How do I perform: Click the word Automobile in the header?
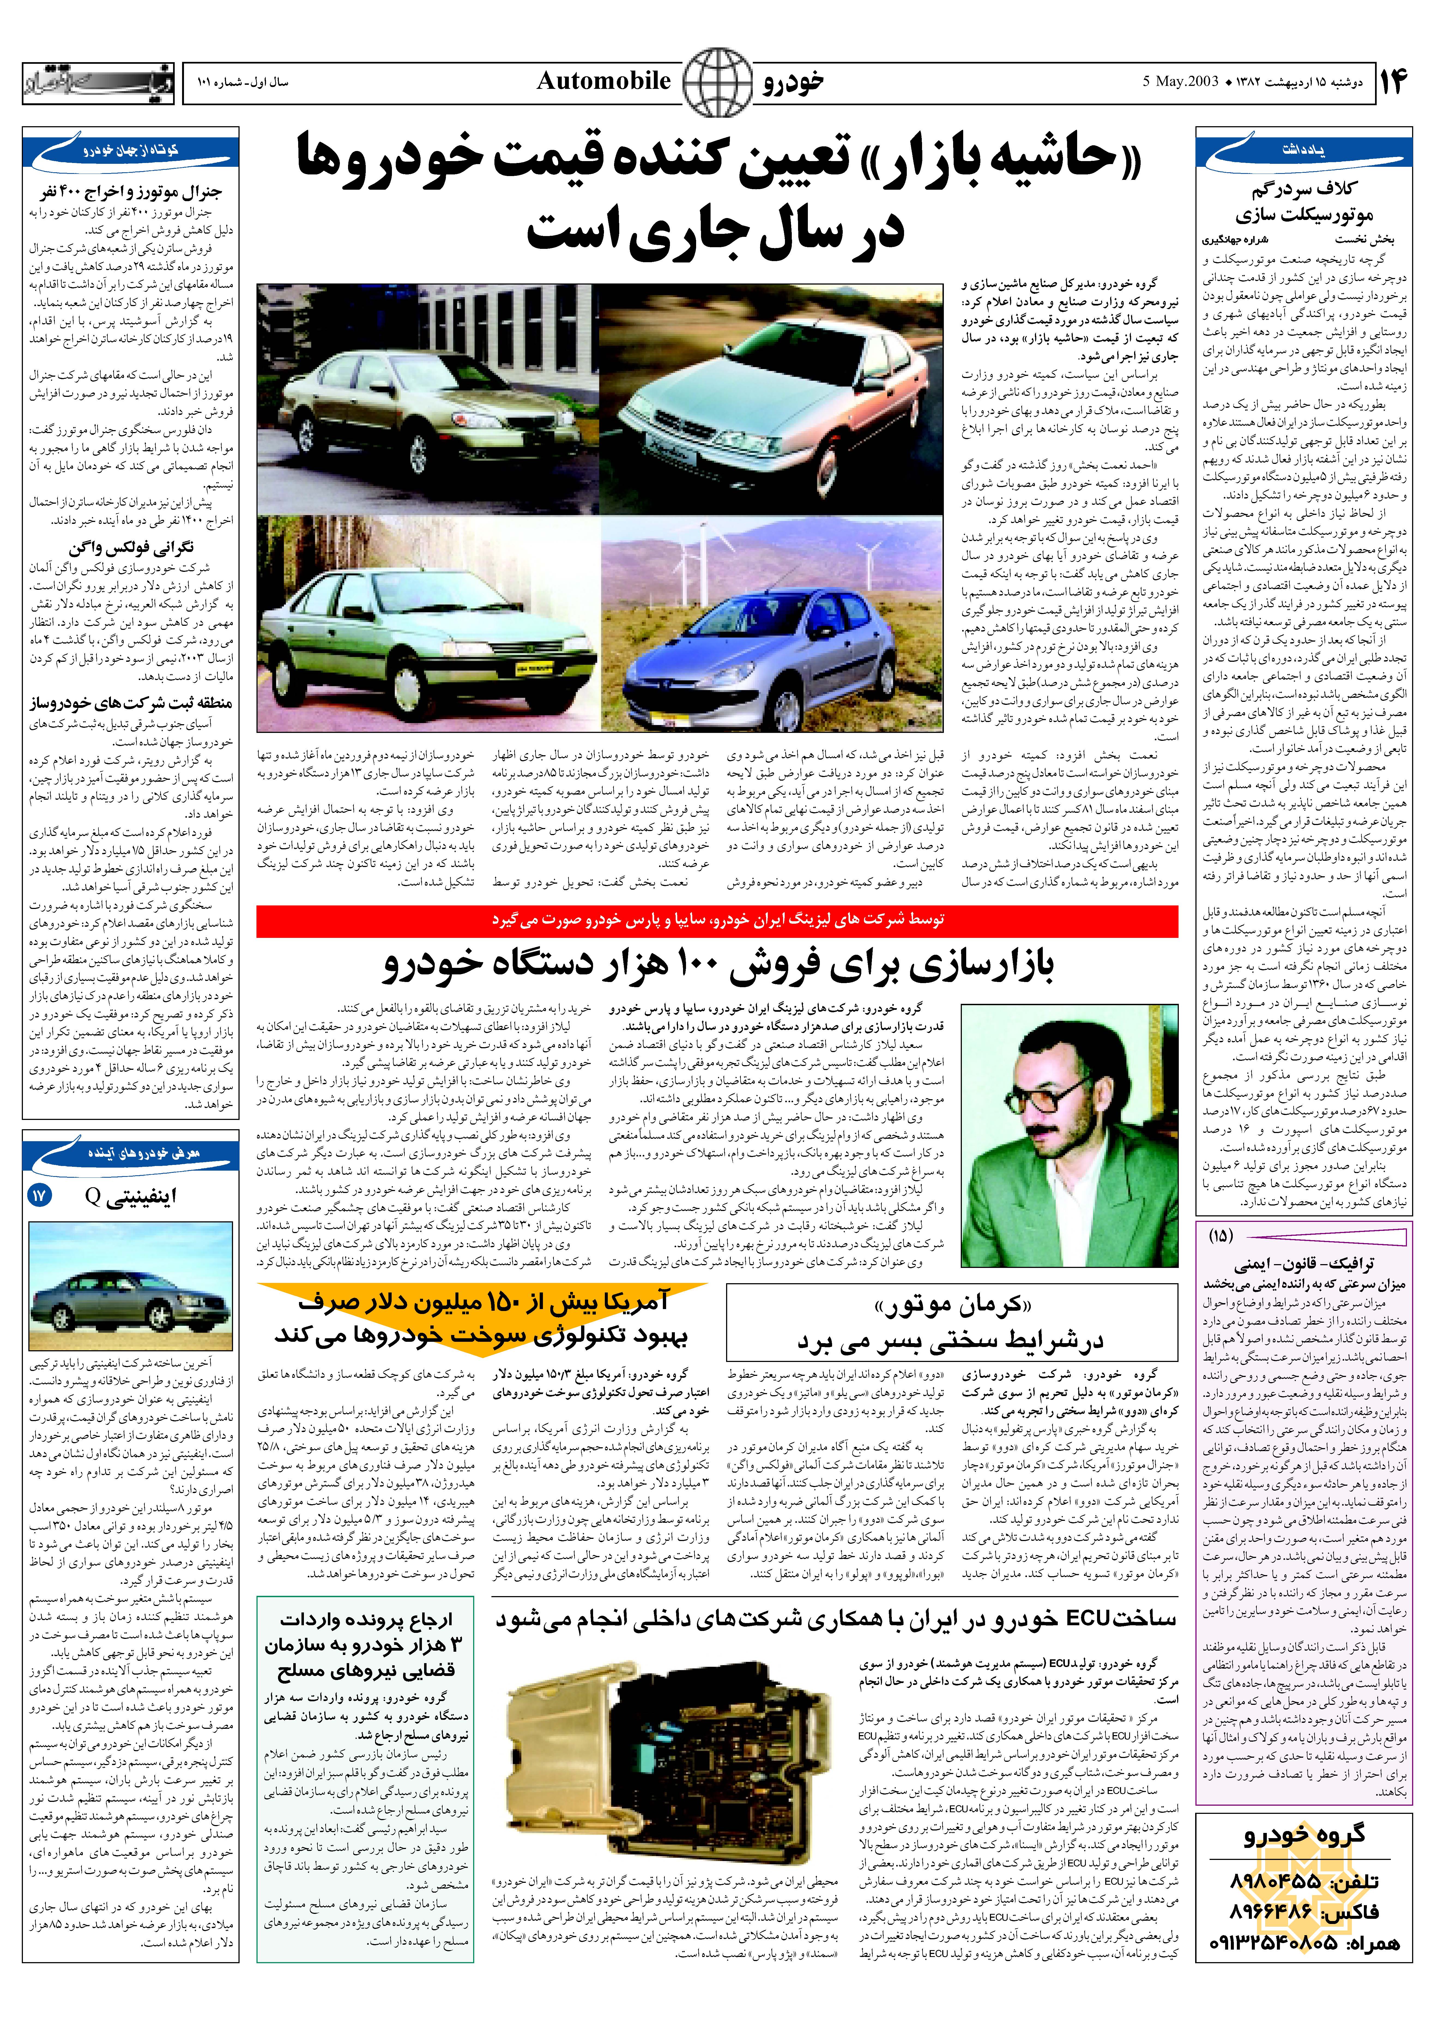point(603,81)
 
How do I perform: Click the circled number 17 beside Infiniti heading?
point(40,1196)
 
